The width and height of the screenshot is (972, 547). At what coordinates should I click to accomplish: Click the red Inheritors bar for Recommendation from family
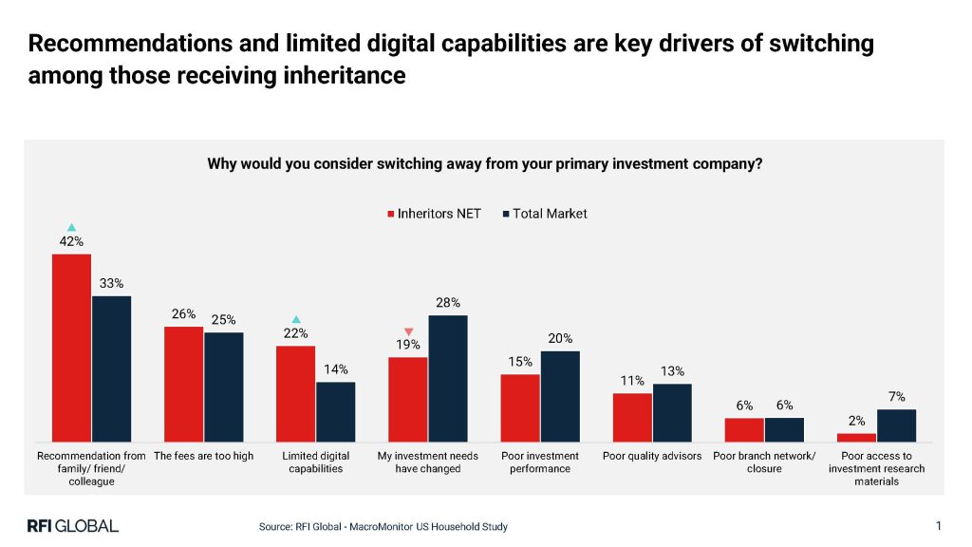[71, 347]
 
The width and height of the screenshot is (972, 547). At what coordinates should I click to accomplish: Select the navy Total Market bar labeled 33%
[111, 368]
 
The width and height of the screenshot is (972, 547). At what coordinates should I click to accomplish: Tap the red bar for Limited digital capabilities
[295, 393]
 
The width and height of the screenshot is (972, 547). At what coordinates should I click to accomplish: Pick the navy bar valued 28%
[448, 378]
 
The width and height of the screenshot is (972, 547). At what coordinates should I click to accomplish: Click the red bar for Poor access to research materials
[856, 437]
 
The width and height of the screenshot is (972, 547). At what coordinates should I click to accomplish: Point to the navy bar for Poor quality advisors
[672, 412]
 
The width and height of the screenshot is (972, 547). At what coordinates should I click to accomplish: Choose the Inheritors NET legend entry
[434, 214]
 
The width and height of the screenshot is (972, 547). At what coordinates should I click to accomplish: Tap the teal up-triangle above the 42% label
[71, 227]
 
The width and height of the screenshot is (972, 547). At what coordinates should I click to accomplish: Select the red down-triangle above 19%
[408, 331]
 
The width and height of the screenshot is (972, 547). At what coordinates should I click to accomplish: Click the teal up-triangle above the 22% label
[295, 319]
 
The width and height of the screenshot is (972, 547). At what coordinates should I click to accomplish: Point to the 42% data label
[71, 241]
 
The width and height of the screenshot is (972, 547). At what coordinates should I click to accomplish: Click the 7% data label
[897, 397]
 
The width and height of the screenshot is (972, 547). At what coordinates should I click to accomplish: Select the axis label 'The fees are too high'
[204, 456]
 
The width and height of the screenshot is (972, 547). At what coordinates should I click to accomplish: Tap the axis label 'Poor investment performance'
[540, 462]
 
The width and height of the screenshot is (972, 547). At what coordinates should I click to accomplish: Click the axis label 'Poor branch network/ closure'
[764, 462]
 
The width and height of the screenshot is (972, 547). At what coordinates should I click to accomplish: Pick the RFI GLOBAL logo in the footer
[72, 525]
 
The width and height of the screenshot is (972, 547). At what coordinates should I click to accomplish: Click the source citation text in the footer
[383, 526]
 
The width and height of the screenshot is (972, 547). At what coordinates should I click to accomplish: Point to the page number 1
[938, 525]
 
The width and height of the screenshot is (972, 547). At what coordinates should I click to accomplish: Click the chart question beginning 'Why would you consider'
[485, 163]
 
